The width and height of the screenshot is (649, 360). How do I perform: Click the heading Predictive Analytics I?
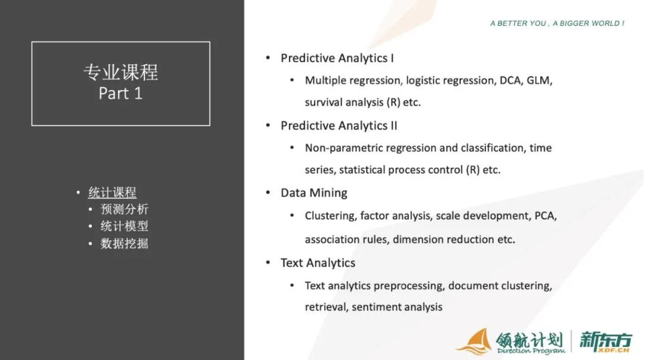pos(337,58)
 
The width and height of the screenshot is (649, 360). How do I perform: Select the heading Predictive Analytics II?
pos(339,125)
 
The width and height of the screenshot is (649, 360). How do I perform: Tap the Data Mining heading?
pos(313,193)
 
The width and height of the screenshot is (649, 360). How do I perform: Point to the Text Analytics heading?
pos(318,263)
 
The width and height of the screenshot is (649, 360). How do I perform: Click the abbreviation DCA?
pos(510,80)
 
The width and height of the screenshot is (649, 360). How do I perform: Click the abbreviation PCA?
pos(546,216)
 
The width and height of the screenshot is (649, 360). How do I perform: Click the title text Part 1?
pos(121,93)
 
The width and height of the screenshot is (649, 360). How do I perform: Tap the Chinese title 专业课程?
pos(121,72)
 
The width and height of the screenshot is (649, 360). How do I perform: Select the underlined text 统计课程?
pos(112,192)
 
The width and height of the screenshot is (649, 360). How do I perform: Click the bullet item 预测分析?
pos(124,210)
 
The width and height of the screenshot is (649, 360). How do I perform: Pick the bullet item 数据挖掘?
pos(124,244)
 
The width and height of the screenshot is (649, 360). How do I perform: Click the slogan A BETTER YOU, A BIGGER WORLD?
pos(557,23)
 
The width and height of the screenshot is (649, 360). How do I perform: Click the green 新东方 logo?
pos(605,342)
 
